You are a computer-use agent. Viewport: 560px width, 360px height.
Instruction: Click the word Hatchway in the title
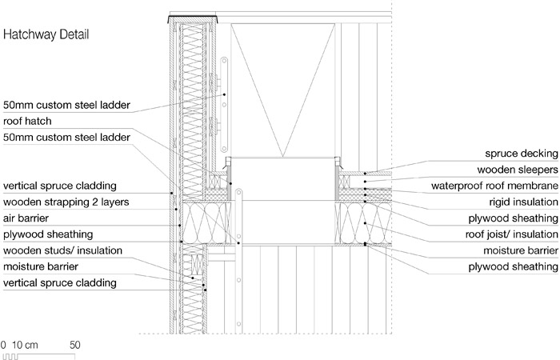[x=30, y=34]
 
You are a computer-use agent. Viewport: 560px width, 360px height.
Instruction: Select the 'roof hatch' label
[x=27, y=121]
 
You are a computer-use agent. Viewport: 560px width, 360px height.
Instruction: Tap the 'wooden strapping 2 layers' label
[x=66, y=202]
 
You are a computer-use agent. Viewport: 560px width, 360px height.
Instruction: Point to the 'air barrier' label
[x=26, y=218]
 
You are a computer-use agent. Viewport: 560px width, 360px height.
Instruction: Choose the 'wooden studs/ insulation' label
[x=62, y=250]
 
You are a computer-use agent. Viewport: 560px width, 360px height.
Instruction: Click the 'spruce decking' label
[x=522, y=154]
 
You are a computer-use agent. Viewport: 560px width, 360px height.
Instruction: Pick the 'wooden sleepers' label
[x=518, y=170]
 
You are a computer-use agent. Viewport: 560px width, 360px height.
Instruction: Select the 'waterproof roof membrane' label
[x=494, y=186]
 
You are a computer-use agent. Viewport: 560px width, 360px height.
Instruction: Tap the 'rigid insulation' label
[x=523, y=202]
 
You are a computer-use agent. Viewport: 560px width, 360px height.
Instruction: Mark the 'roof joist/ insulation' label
[x=511, y=234]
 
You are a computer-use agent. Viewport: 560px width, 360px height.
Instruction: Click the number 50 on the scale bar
[x=75, y=345]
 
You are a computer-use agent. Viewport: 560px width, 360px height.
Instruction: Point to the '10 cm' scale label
[x=25, y=345]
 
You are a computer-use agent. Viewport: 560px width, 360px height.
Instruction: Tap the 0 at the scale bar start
[x=3, y=345]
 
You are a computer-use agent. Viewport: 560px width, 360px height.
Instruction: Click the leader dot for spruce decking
[x=365, y=174]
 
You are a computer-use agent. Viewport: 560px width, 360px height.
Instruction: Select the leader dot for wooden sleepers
[x=365, y=182]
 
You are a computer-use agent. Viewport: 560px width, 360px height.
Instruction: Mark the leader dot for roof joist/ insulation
[x=365, y=223]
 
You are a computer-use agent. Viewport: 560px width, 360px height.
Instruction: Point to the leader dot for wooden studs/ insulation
[x=193, y=278]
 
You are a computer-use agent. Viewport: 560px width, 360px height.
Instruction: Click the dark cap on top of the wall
[x=193, y=17]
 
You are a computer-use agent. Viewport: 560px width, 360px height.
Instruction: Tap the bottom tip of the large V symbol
[x=283, y=157]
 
